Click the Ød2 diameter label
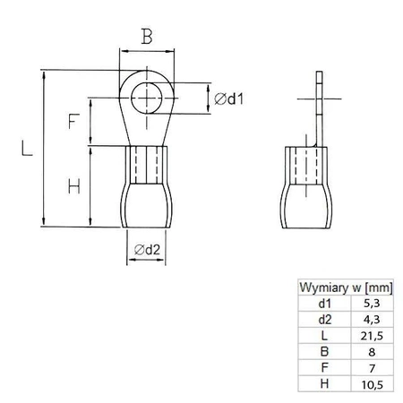(x=146, y=252)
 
